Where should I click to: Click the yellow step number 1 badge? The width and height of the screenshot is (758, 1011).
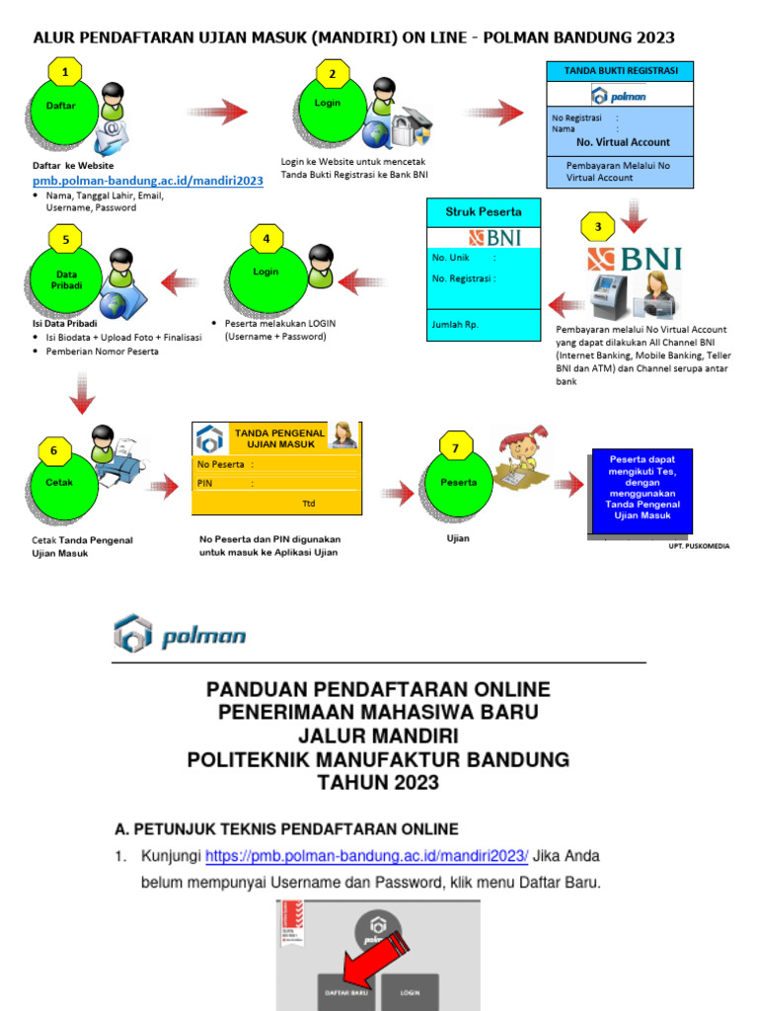65,72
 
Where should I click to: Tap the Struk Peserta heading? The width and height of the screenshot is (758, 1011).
484,211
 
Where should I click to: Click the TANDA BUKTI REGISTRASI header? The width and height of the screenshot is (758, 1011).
620,72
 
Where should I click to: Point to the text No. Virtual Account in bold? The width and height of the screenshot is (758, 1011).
623,142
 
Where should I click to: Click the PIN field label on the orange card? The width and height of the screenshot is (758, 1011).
205,484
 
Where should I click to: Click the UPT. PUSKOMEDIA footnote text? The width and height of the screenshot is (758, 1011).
699,545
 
